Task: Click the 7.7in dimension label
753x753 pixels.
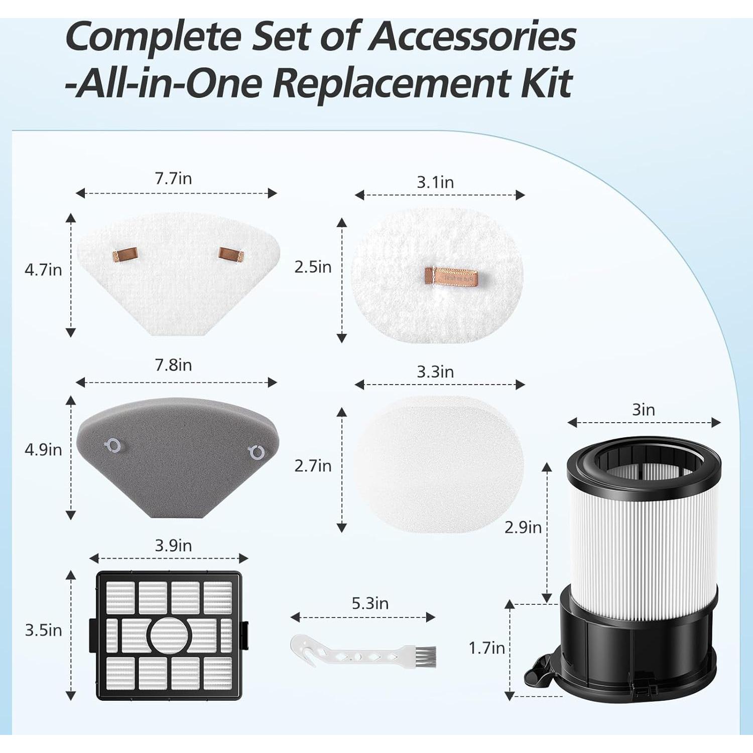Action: [x=173, y=179]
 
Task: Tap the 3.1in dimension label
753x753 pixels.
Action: [x=435, y=182]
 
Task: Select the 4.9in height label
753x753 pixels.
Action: [x=43, y=449]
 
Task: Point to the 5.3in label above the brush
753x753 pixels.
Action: [x=370, y=603]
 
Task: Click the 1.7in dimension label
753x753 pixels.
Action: [x=486, y=648]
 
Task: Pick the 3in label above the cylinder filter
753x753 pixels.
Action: [x=643, y=410]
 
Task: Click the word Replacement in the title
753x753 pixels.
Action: [x=392, y=83]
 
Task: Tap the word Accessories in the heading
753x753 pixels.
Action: [x=472, y=36]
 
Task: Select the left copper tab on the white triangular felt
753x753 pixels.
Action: [x=125, y=256]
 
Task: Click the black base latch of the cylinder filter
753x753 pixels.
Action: [x=537, y=675]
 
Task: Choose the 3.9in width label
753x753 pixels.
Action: [x=173, y=546]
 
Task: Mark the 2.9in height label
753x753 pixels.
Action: [x=523, y=527]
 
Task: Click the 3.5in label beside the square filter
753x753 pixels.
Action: [x=43, y=630]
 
